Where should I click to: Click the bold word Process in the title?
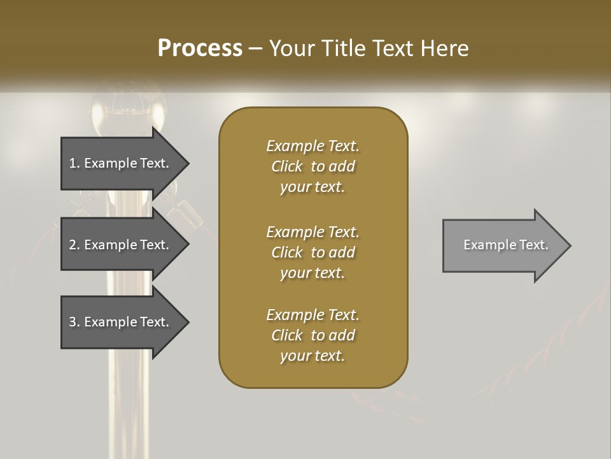(x=200, y=48)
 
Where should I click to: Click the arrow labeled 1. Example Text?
(x=121, y=163)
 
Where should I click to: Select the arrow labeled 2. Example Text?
(x=121, y=245)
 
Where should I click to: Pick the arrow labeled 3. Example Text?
(x=121, y=322)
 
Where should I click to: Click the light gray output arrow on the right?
(x=503, y=245)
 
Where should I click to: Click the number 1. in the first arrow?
(x=74, y=163)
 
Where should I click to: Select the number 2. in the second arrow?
(x=74, y=245)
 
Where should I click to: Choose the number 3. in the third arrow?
(x=74, y=322)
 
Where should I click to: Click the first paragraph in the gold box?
(x=313, y=166)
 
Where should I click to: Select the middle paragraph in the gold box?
(x=313, y=252)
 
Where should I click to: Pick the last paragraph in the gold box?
(x=313, y=335)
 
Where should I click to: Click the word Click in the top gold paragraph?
(x=286, y=166)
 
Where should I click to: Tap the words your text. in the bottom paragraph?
(x=313, y=356)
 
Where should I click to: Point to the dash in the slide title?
(x=256, y=48)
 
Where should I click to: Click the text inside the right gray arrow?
(x=505, y=245)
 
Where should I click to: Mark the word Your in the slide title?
(x=291, y=48)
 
